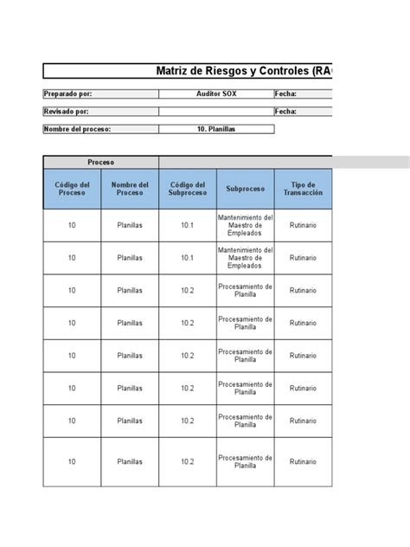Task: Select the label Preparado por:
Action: click(67, 94)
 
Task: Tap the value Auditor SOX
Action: click(215, 94)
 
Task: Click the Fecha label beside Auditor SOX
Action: click(286, 94)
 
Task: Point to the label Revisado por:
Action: click(66, 112)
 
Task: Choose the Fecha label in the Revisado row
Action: click(286, 112)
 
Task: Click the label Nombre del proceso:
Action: click(78, 129)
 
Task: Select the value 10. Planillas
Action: click(215, 129)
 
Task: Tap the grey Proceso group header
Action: click(100, 162)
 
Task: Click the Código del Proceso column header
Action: click(72, 189)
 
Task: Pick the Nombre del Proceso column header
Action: click(130, 189)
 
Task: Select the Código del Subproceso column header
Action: click(188, 189)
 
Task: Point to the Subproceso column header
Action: click(246, 189)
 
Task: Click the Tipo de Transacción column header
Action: click(303, 189)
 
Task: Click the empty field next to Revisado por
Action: click(215, 112)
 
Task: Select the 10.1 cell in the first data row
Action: click(188, 225)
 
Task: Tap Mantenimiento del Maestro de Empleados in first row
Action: click(246, 225)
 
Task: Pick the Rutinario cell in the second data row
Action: click(303, 258)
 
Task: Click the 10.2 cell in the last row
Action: click(188, 461)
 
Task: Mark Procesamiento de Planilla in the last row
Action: click(246, 461)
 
